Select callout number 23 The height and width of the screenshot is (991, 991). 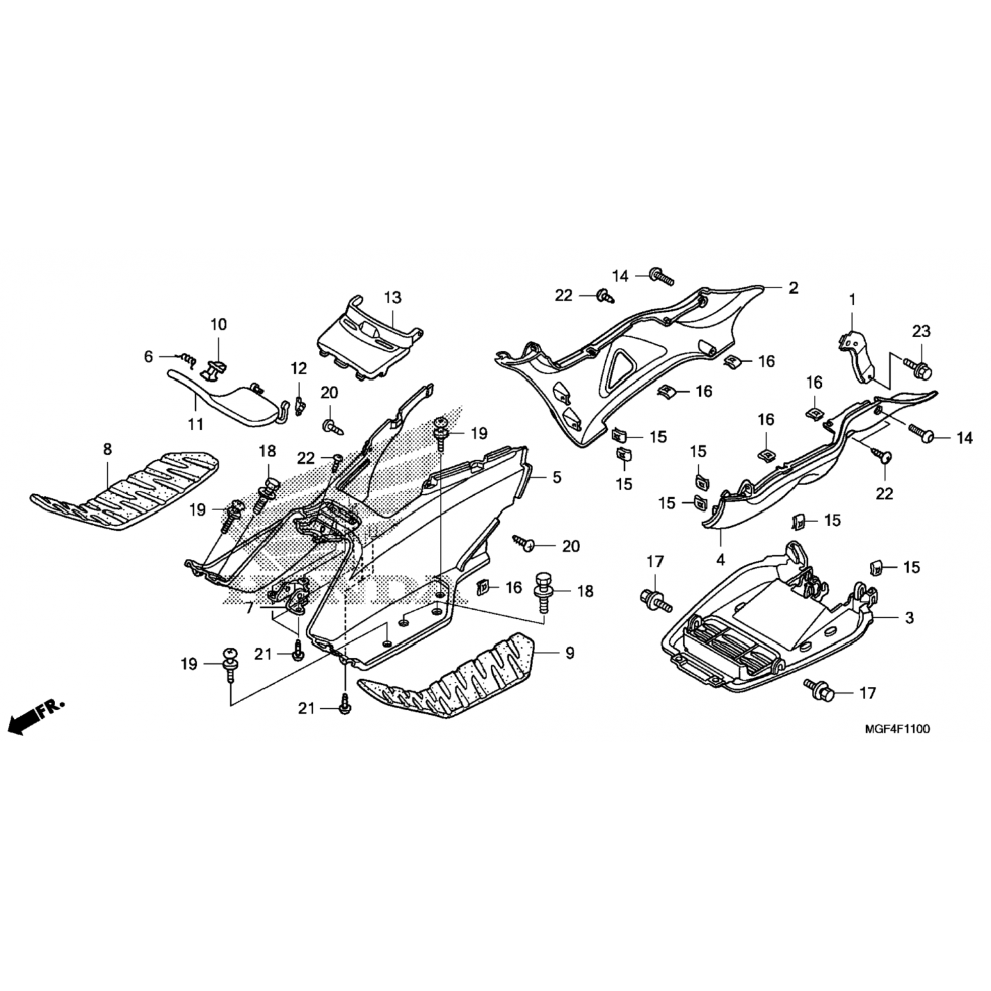coord(921,331)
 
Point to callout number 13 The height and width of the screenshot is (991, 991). coord(392,297)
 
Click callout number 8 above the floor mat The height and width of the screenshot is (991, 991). coord(107,449)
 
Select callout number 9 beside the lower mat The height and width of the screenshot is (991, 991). coord(569,653)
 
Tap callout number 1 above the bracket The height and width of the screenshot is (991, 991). coord(852,300)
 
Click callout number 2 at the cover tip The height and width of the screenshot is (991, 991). coord(793,288)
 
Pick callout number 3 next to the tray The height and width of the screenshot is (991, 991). coord(909,618)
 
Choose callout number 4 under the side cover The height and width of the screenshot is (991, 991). coord(720,560)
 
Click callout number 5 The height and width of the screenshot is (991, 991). coord(557,476)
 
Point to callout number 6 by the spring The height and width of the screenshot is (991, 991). coord(148,357)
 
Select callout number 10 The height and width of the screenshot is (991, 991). coord(218,324)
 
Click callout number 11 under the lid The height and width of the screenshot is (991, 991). coord(196,423)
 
